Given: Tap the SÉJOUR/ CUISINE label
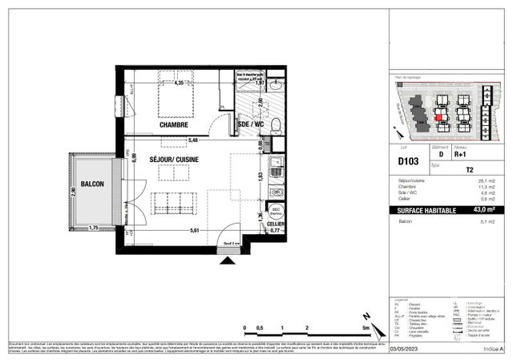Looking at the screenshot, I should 174,160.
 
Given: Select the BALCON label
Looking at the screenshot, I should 92,183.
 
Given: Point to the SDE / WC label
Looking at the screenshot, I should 251,125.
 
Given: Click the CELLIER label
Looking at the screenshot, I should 276,223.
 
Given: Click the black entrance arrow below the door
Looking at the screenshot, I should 228,260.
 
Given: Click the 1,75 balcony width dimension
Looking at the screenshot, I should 93,229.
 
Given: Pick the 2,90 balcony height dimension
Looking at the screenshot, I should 72,192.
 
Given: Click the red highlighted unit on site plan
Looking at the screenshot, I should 438,117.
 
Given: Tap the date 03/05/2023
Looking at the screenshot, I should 404,349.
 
